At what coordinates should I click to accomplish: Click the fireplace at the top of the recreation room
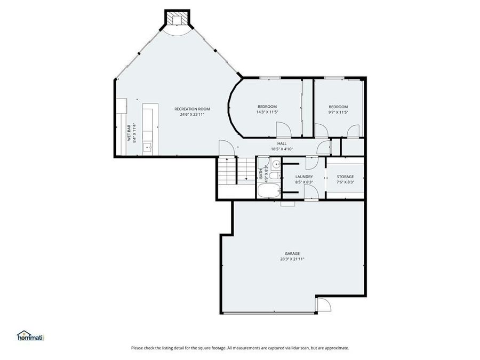click(177, 20)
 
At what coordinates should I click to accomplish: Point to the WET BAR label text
click(129, 133)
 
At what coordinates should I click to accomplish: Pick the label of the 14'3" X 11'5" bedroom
click(267, 107)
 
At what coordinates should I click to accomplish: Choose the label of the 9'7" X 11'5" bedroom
click(338, 107)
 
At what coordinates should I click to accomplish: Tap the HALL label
click(282, 143)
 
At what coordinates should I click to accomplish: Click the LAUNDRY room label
click(304, 177)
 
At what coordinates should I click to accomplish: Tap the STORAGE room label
click(345, 177)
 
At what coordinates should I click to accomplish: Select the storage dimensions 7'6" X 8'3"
click(345, 182)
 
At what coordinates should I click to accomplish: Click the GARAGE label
click(292, 253)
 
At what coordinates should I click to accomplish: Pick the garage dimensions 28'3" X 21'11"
click(292, 259)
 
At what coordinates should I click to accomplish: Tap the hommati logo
click(30, 335)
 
